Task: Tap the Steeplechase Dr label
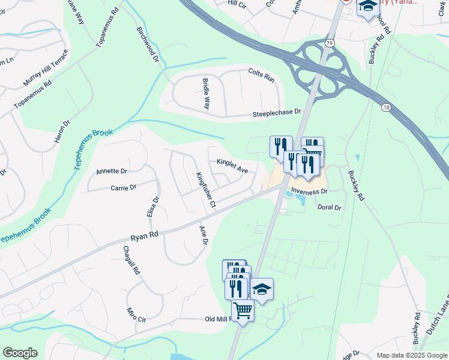276,112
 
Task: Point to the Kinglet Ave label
232,166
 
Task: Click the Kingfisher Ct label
206,190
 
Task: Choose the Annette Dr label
112,171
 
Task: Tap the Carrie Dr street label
123,187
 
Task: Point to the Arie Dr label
203,235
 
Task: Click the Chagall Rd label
131,260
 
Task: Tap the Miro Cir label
136,315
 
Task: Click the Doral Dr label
329,208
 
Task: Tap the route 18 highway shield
385,106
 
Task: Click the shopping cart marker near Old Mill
243,311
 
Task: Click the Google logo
20,353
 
